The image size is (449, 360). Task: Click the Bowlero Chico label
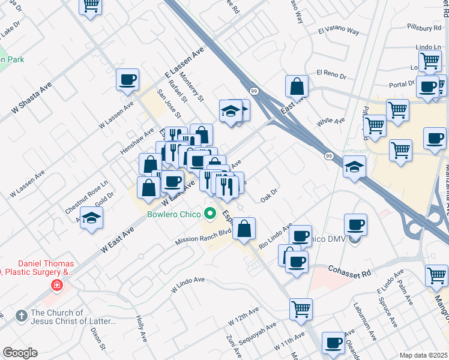coord(173,213)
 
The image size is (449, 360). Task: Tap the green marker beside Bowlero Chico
coord(209,213)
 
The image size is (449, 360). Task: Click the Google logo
coord(20,353)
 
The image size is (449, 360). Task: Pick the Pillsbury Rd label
coord(422,28)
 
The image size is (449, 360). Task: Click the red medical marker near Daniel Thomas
coord(57,284)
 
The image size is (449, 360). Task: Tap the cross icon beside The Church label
coord(20,315)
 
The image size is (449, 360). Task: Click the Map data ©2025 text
coord(423,355)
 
